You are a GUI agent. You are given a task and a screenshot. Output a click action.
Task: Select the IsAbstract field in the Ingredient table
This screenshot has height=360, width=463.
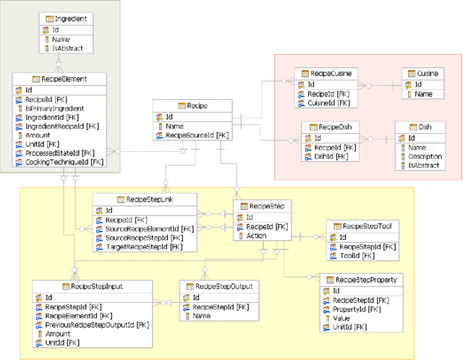point(72,48)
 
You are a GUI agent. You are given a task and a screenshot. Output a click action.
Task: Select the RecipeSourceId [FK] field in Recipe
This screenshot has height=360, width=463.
point(197,135)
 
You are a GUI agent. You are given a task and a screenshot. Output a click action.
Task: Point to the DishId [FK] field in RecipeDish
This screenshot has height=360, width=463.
point(329,157)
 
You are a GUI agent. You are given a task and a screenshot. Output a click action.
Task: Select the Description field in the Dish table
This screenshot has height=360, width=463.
point(425,155)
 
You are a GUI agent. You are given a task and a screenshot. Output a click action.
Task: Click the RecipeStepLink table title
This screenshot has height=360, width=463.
point(149,200)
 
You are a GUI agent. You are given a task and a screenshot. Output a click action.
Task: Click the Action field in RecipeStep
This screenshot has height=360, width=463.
point(256,235)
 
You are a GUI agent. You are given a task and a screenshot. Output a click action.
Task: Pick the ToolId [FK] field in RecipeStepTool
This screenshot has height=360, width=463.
point(357,255)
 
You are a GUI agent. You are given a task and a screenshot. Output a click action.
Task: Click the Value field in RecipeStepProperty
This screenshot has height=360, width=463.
point(341,318)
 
